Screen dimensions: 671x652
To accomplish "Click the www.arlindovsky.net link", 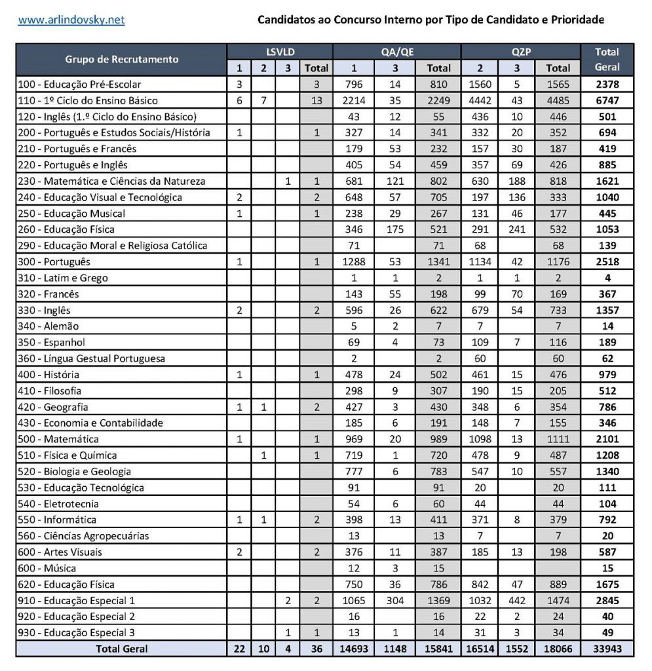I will [x=71, y=20].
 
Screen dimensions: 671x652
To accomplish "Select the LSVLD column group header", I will [x=280, y=52].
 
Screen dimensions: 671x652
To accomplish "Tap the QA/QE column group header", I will [x=397, y=52].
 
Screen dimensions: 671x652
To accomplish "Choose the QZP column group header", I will [x=521, y=52].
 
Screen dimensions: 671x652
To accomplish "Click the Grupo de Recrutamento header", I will [x=122, y=60].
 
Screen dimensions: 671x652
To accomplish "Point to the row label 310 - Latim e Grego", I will [x=62, y=278].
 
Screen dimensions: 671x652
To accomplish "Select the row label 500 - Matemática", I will [x=59, y=439].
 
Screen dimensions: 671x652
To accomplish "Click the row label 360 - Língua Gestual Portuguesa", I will [x=91, y=358].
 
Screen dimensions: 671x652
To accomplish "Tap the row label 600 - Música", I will [x=48, y=568].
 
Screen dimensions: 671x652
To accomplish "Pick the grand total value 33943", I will [x=607, y=649].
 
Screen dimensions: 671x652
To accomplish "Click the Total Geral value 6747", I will [x=607, y=101].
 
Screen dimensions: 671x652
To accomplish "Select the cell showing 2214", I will [x=353, y=101].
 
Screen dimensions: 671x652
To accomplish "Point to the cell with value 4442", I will [x=482, y=101].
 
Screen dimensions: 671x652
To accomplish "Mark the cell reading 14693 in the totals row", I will [x=353, y=649].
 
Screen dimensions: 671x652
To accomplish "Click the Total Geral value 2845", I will [x=607, y=600].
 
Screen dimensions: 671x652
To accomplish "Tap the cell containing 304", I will [x=395, y=600].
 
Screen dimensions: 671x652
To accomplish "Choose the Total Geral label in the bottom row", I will [x=122, y=649].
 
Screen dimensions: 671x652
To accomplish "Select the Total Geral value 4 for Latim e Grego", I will [x=607, y=278].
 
